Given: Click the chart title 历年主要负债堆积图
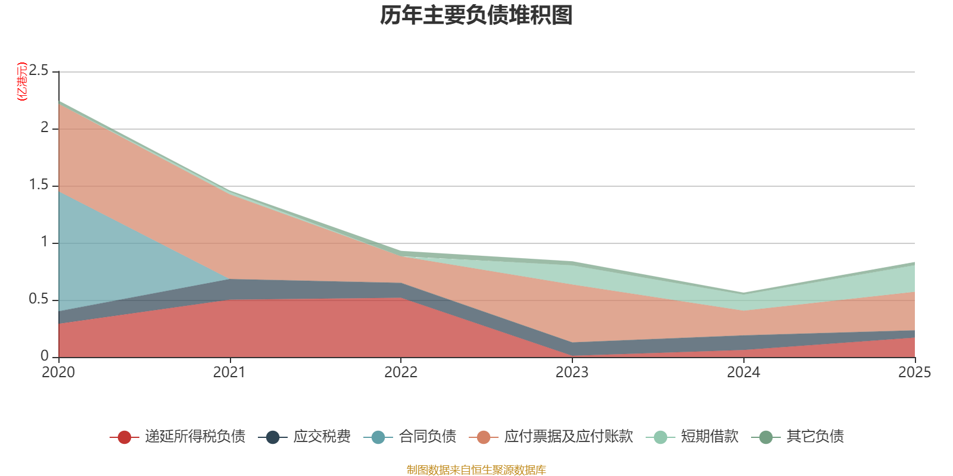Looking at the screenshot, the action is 476,15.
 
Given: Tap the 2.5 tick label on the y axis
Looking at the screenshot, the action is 39,71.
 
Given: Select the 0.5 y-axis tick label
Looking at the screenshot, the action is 39,299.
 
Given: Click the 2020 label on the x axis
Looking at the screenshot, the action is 58,372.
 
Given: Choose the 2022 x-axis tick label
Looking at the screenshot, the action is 401,372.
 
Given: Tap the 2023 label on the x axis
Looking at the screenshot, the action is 572,372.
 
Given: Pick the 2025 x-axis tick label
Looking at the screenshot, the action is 915,372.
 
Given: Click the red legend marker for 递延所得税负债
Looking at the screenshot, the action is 124,437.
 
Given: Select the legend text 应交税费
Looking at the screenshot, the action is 322,437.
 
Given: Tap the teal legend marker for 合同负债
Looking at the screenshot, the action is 378,437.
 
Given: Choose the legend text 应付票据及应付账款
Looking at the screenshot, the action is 569,437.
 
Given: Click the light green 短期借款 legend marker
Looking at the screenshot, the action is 661,437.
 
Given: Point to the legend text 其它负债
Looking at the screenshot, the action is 815,437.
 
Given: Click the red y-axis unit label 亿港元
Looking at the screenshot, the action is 22,81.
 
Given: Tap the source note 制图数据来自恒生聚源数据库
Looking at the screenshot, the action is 476,469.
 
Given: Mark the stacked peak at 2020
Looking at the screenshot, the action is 59,101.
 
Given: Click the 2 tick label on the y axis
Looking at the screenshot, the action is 45,127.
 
